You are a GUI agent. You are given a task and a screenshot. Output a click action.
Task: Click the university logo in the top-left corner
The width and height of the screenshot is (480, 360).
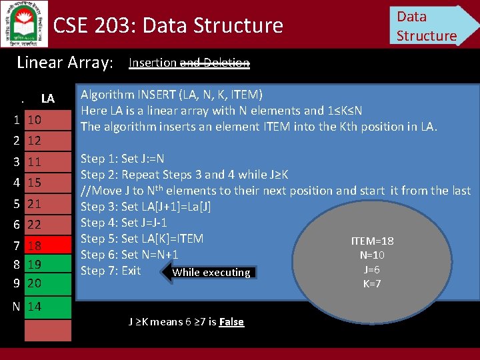pos(24,23)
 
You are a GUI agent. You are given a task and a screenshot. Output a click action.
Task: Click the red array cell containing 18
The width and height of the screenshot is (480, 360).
pos(47,246)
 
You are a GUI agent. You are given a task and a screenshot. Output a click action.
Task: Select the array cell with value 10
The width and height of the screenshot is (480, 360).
pos(47,121)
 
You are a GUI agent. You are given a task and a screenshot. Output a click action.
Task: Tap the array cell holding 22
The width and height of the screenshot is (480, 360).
pos(47,225)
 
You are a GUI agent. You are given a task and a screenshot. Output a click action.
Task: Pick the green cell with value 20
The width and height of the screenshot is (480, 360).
pos(47,283)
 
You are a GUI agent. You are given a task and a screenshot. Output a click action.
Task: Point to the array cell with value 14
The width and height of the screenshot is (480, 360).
pos(47,307)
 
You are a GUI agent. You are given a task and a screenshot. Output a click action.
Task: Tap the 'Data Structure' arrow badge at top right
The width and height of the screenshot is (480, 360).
pos(430,25)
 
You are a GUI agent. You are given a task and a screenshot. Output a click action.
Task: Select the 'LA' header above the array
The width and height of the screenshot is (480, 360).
pos(47,99)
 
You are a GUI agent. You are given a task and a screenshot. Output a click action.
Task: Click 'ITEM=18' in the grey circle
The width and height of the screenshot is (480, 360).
pos(372,241)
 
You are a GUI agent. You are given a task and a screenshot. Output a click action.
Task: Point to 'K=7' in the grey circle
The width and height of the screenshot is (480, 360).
pos(372,284)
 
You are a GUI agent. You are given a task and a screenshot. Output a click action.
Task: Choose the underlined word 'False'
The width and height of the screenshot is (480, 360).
pos(231,322)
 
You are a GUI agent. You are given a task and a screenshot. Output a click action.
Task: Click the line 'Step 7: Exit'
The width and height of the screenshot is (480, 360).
pos(111,271)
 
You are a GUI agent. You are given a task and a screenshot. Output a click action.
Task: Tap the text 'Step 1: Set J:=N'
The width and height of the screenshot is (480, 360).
pos(122,159)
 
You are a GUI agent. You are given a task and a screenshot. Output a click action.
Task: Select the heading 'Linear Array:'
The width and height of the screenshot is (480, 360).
pos(65,63)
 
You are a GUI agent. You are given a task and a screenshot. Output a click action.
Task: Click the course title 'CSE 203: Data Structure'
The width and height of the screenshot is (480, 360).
pos(168,25)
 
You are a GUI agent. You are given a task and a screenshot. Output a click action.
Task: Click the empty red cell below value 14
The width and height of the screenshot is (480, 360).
pos(47,331)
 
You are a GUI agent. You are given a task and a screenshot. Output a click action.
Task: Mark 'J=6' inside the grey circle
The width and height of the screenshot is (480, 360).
pos(372,269)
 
